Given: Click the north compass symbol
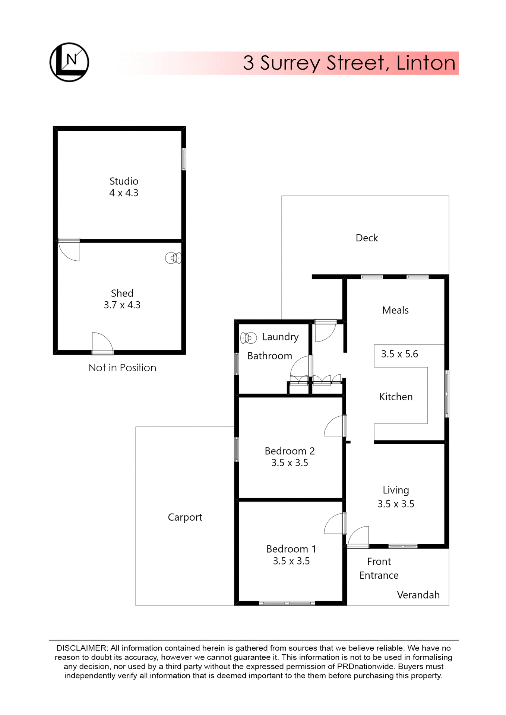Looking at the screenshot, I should pyautogui.click(x=69, y=62).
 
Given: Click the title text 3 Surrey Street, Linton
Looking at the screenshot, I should pyautogui.click(x=349, y=63).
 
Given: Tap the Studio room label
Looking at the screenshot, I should pyautogui.click(x=124, y=181).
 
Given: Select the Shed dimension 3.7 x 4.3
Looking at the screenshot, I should pyautogui.click(x=122, y=305).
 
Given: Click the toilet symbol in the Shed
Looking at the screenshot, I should pyautogui.click(x=173, y=258).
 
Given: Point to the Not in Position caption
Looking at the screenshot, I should pyautogui.click(x=122, y=368).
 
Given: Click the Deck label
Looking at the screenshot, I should pyautogui.click(x=367, y=238).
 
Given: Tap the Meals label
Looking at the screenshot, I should pyautogui.click(x=395, y=310).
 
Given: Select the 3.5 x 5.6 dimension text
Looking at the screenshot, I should pyautogui.click(x=399, y=354).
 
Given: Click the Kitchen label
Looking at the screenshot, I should pyautogui.click(x=396, y=397).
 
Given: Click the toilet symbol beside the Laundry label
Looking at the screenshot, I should pyautogui.click(x=249, y=338).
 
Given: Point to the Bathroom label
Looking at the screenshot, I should pyautogui.click(x=270, y=356).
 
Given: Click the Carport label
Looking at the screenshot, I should pyautogui.click(x=185, y=517).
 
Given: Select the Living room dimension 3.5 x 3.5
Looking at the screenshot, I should pyautogui.click(x=396, y=504).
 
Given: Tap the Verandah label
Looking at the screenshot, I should pyautogui.click(x=418, y=595).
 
